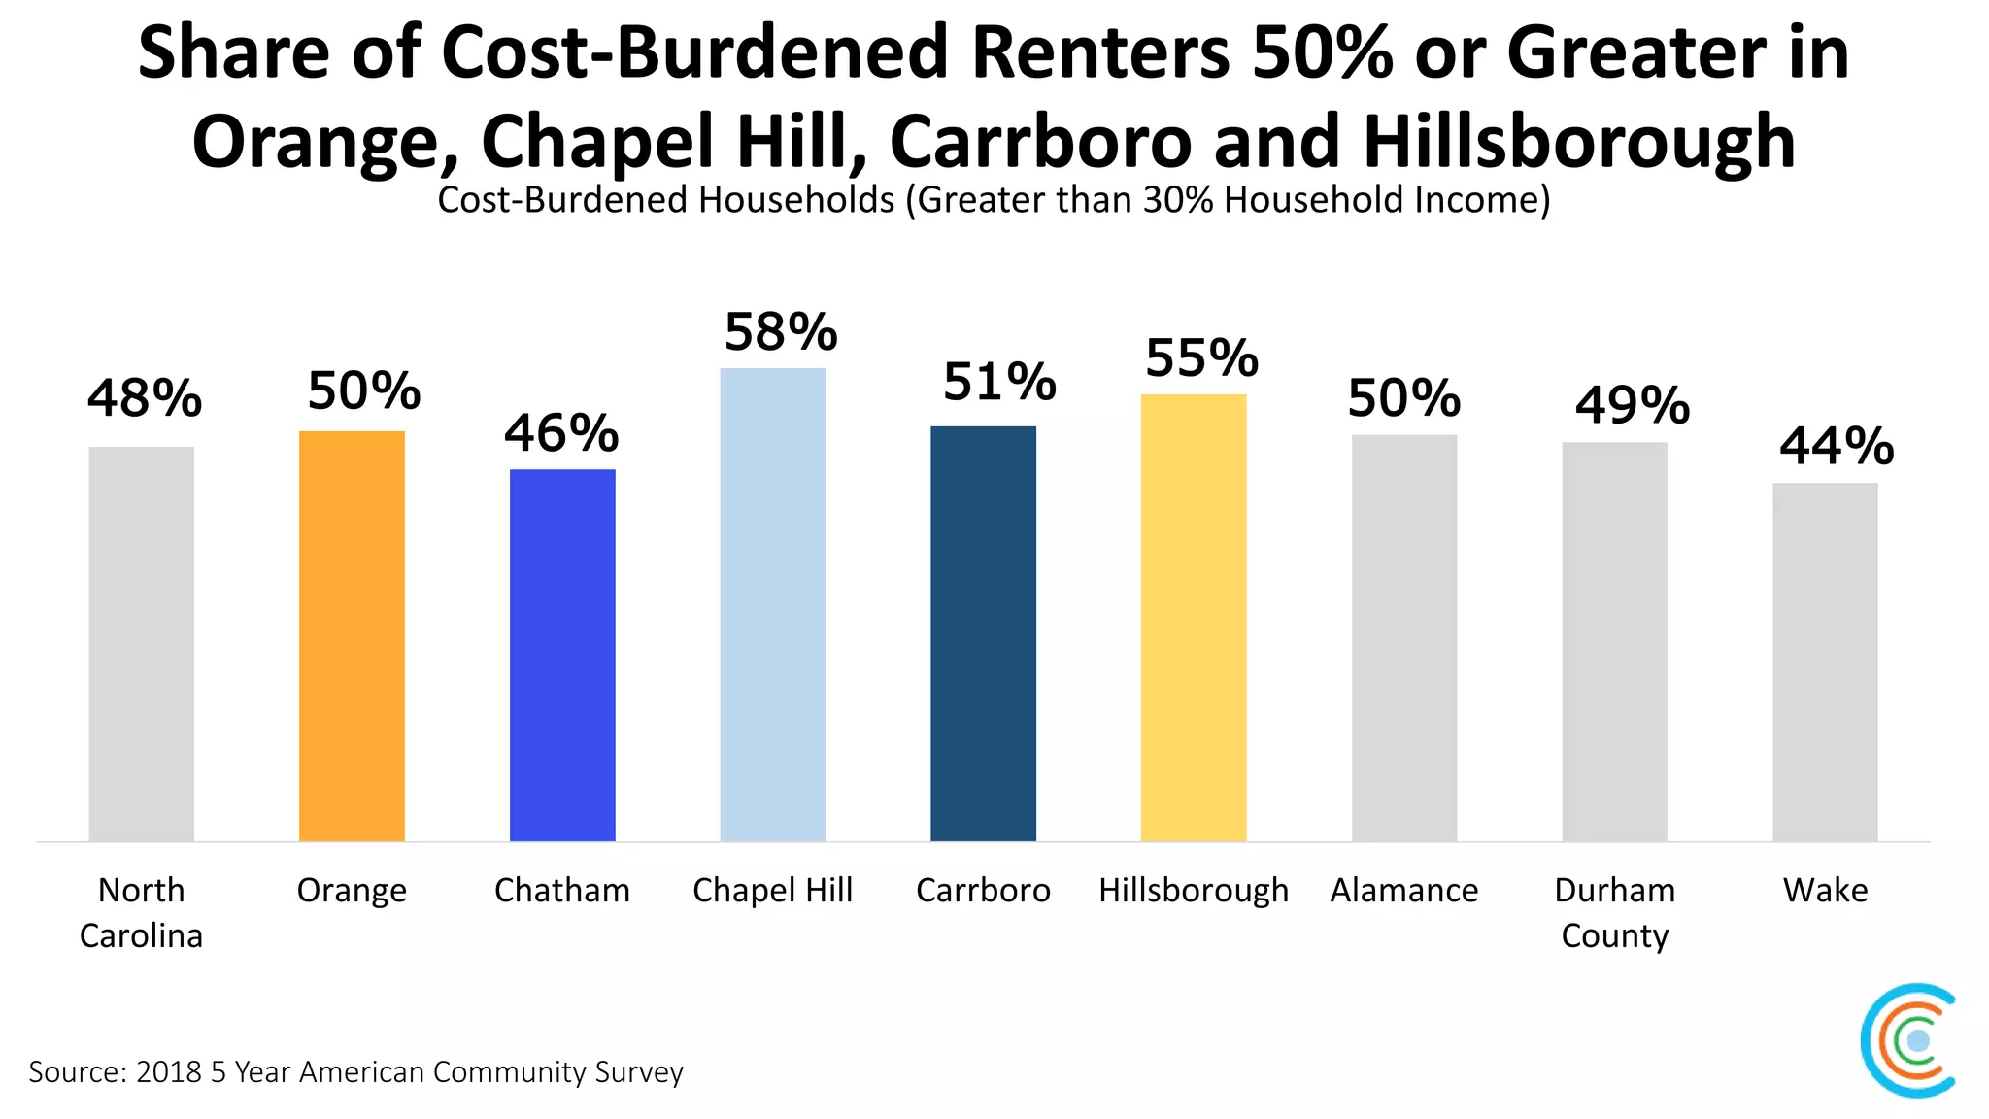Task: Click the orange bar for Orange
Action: coord(352,636)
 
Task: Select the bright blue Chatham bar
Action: coord(562,656)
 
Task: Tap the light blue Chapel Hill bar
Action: coord(772,604)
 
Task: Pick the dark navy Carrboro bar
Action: coord(983,633)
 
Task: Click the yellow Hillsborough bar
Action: coord(1193,618)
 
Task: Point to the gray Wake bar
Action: coord(1825,661)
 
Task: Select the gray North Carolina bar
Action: coord(141,644)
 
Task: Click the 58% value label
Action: coord(781,333)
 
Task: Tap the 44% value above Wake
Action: coord(1837,447)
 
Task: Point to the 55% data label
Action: coord(1201,358)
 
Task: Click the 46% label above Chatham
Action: coord(561,433)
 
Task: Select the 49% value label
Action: coord(1633,405)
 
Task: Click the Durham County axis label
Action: coord(1614,912)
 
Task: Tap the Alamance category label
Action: coord(1403,890)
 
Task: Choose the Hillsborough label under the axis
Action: coord(1193,890)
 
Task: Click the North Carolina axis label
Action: coord(141,912)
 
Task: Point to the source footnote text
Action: coord(355,1071)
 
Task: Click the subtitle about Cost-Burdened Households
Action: coord(993,200)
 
